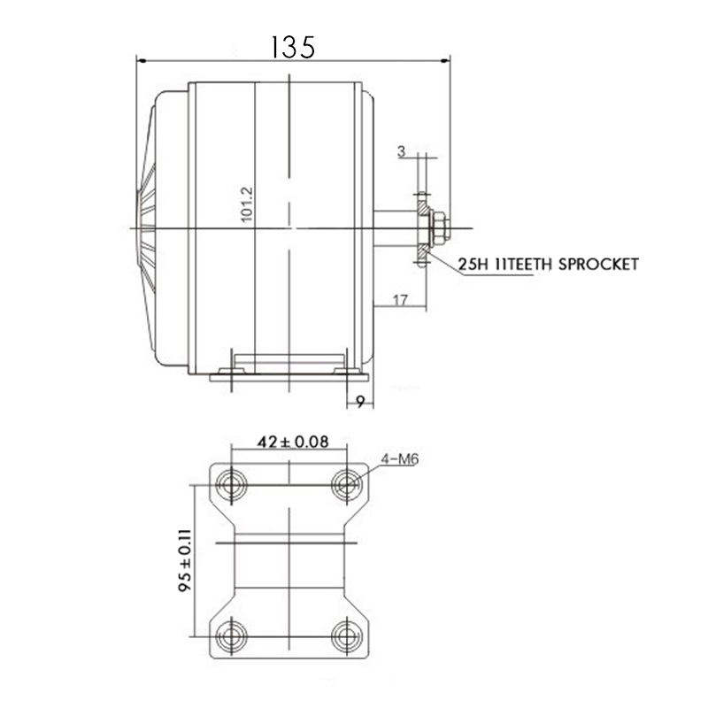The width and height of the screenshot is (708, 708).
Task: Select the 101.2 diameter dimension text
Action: pos(249,203)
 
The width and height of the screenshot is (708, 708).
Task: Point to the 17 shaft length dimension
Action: pos(398,300)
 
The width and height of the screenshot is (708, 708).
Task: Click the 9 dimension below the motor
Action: pos(360,400)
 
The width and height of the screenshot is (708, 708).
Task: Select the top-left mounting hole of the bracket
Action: pos(233,483)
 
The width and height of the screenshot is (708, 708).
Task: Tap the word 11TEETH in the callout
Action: pos(523,264)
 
